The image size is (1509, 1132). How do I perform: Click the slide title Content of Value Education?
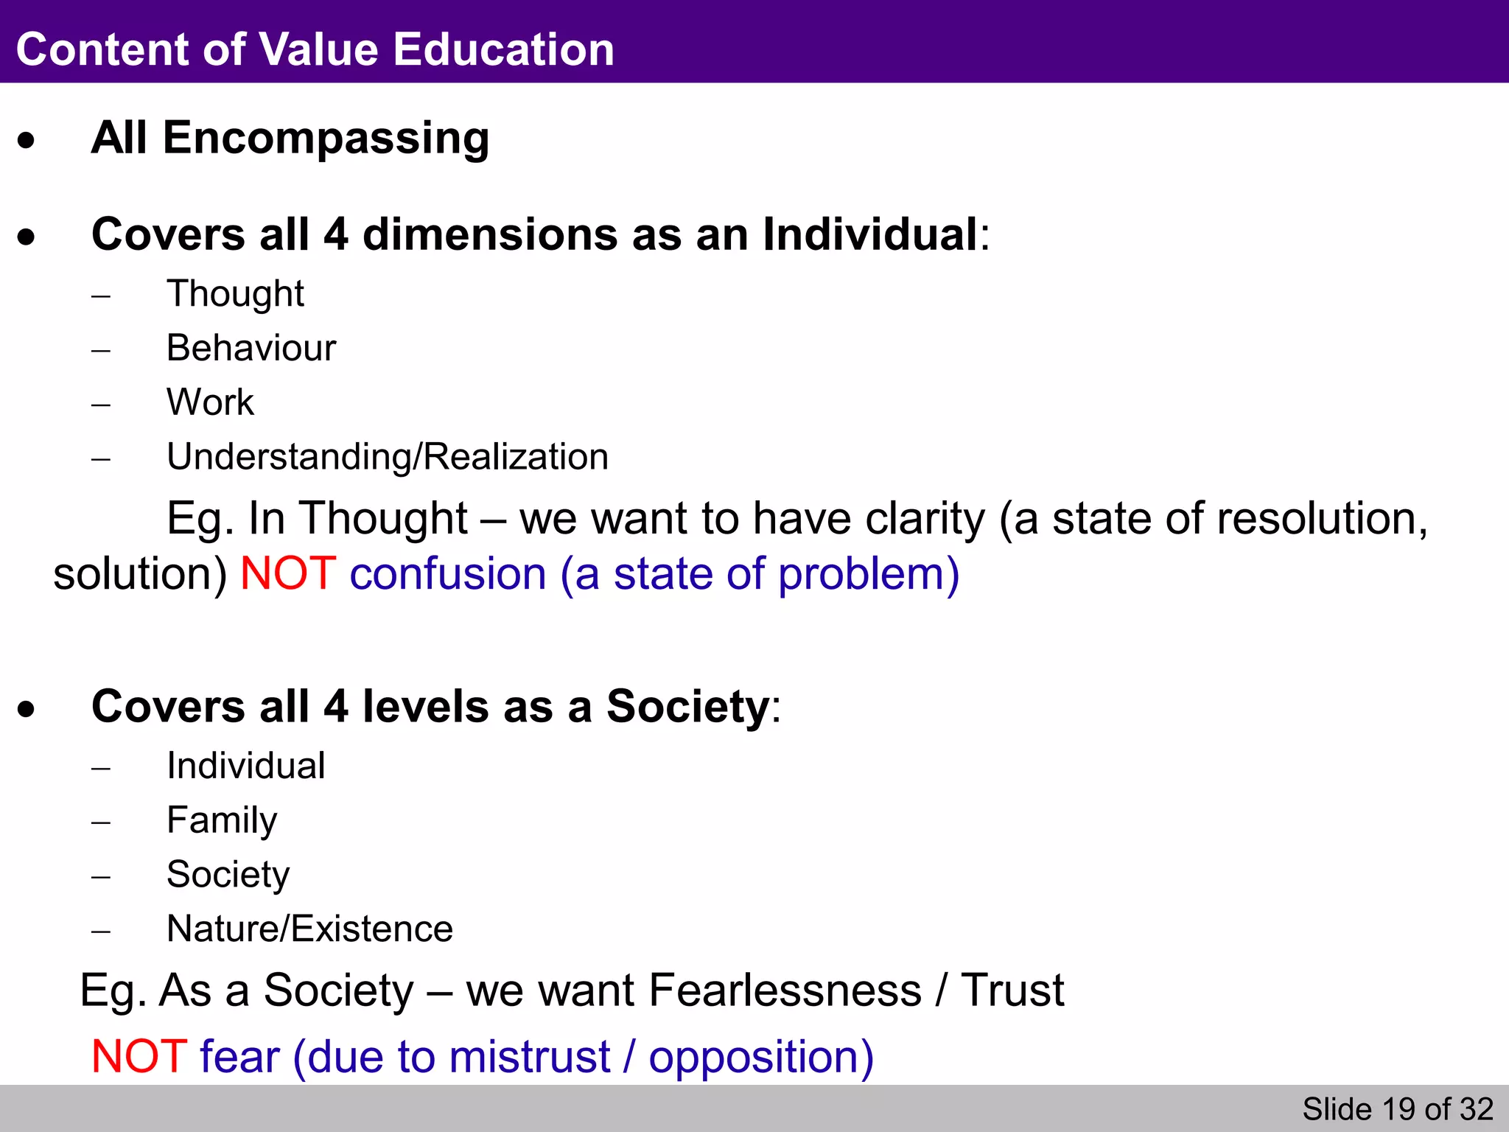[x=315, y=49]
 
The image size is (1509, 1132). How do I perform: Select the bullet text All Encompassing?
[x=290, y=138]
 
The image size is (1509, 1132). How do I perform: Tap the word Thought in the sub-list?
[x=235, y=294]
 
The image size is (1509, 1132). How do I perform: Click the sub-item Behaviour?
[x=251, y=348]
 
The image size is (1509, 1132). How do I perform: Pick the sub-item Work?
[x=210, y=402]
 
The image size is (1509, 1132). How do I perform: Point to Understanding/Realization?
[x=388, y=457]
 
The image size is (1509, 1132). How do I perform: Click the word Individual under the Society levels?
[x=245, y=766]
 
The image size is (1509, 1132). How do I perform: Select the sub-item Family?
[x=222, y=820]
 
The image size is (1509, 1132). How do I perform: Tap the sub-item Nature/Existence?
[x=309, y=929]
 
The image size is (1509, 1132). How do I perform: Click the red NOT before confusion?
[x=288, y=573]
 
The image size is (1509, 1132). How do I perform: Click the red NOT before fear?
[x=139, y=1056]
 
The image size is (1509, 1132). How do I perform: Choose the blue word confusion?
[x=447, y=573]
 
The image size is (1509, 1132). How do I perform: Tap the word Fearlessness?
[x=785, y=990]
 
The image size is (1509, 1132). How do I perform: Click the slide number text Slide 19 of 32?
[x=1397, y=1109]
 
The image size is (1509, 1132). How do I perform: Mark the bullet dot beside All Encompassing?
[x=27, y=140]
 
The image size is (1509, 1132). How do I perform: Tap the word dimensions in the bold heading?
[x=490, y=235]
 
